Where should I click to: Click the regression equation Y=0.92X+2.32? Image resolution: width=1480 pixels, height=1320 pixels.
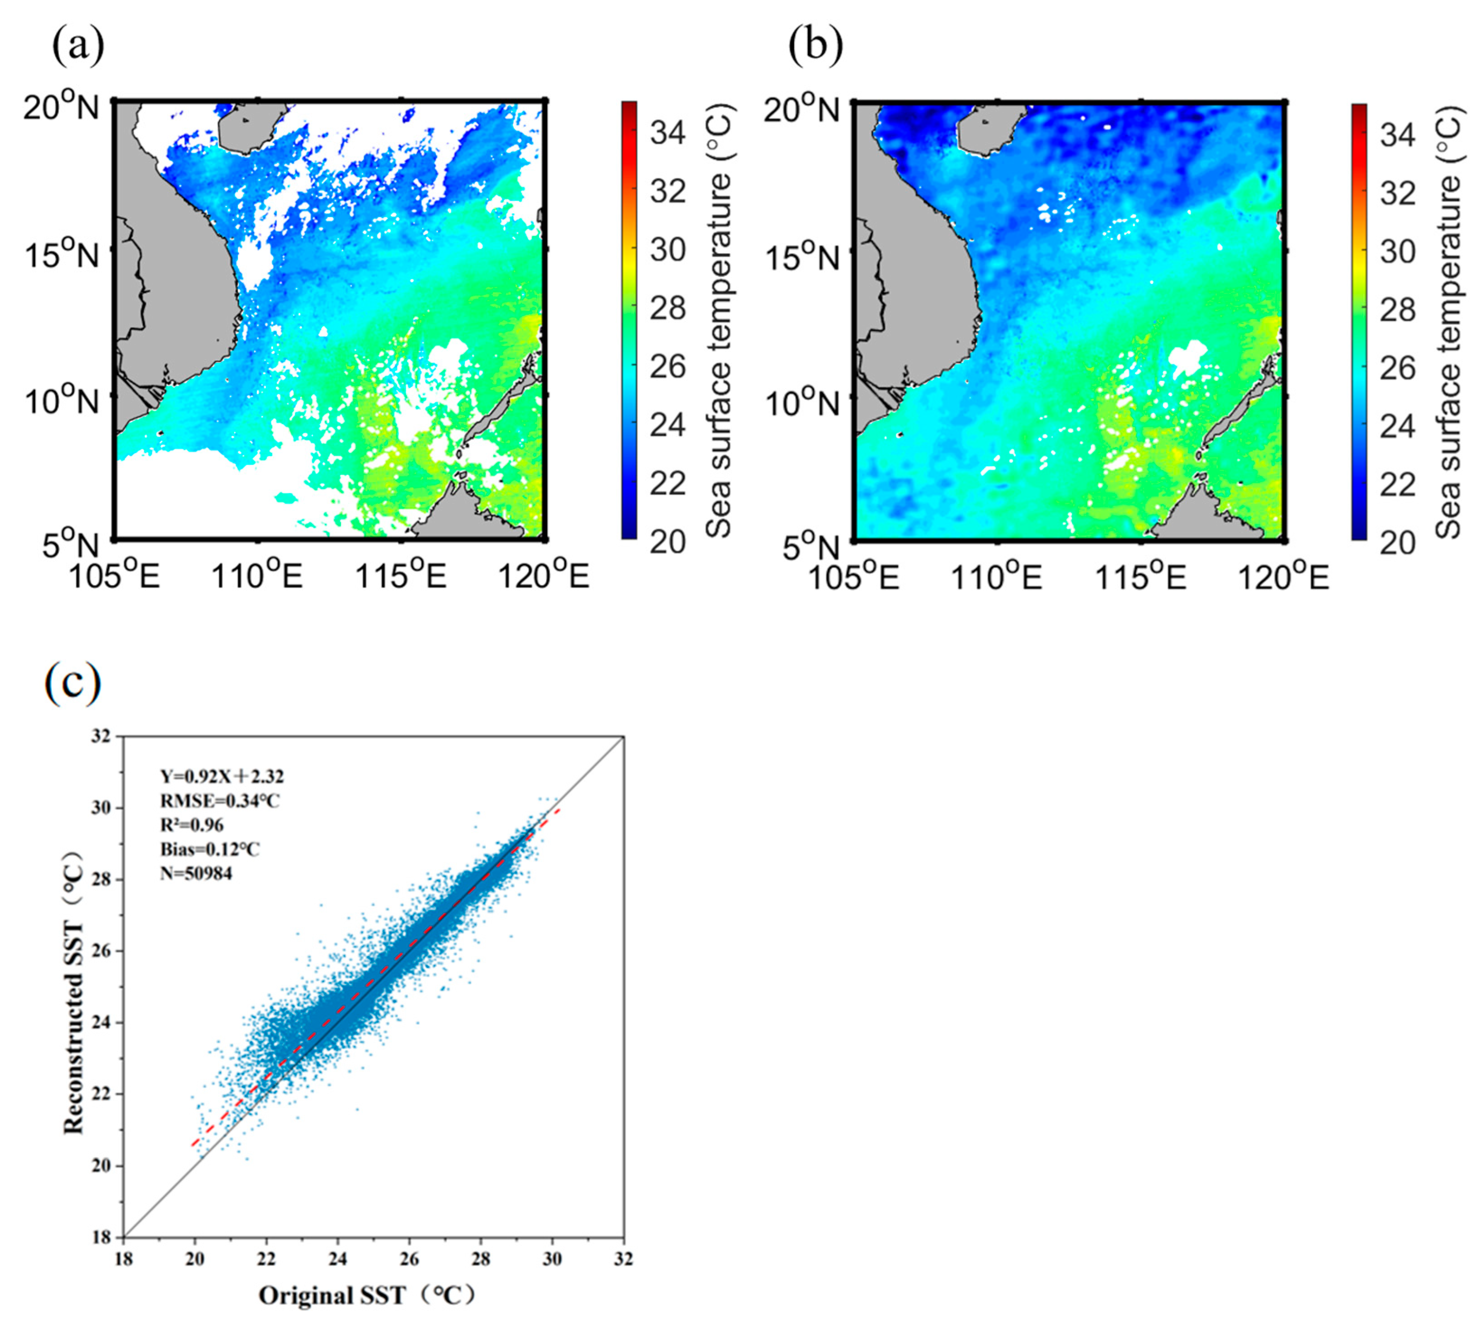click(x=222, y=777)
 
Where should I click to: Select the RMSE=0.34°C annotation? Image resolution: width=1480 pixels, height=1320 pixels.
click(x=220, y=801)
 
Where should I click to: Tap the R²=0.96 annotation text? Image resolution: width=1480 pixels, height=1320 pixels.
click(x=192, y=825)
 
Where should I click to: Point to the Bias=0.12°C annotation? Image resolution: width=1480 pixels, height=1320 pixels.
click(x=210, y=849)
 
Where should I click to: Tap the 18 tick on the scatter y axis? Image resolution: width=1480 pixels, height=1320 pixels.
click(x=103, y=1236)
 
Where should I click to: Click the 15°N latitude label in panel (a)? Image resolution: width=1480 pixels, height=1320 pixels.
click(x=61, y=254)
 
